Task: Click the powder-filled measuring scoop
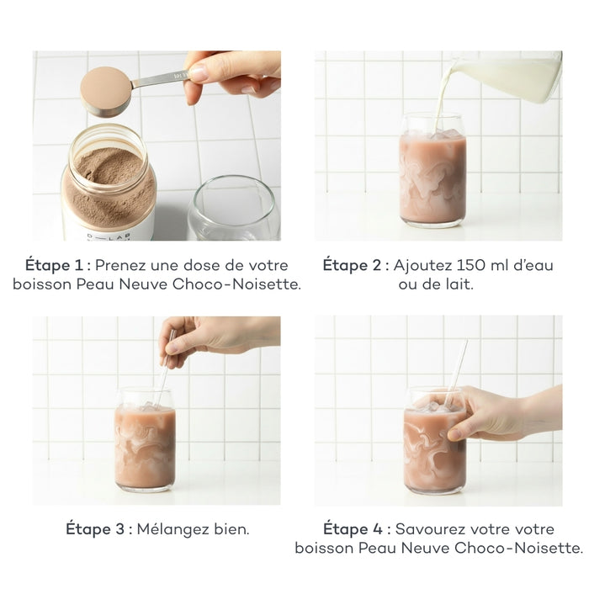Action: pos(106,91)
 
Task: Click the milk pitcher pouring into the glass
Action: pos(505,76)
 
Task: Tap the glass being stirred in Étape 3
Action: pos(145,442)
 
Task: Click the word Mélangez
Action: pos(176,529)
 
